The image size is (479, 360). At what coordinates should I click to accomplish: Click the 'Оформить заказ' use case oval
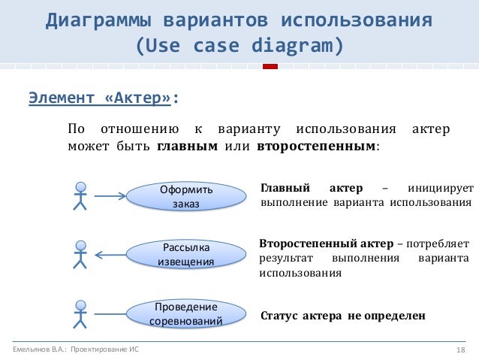[186, 196]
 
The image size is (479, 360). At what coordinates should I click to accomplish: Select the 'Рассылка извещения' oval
[185, 254]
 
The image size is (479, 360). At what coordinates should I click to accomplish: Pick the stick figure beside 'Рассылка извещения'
[80, 254]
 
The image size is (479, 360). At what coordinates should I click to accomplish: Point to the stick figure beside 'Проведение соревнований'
[80, 313]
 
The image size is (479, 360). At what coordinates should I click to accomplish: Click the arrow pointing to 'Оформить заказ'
[110, 197]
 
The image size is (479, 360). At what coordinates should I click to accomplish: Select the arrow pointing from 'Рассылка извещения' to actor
[110, 255]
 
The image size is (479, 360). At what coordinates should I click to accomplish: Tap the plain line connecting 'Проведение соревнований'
[110, 314]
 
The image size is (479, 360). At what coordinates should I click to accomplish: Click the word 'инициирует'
[441, 187]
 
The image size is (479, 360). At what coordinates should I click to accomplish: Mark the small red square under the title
[270, 68]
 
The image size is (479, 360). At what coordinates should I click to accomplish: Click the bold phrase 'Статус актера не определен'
[342, 316]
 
